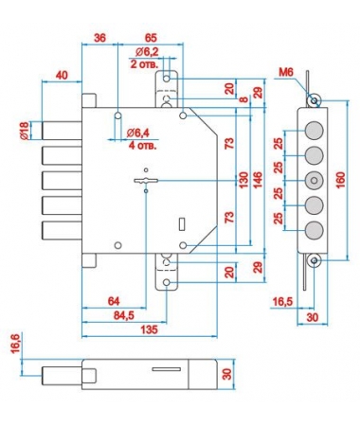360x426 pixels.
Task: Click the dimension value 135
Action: click(x=149, y=329)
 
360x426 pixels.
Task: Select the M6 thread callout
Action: click(x=286, y=73)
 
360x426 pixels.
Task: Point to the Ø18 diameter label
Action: click(x=25, y=131)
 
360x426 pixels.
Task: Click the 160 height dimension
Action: click(x=340, y=180)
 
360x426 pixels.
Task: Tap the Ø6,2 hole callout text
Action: click(x=147, y=52)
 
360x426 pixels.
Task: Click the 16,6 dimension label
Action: click(x=15, y=344)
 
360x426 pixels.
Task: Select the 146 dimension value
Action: click(x=258, y=180)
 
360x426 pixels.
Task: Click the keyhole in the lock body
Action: click(x=146, y=181)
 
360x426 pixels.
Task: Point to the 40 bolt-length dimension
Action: click(x=62, y=75)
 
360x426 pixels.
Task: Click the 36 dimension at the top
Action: click(x=99, y=38)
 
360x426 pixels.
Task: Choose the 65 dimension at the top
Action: click(x=151, y=38)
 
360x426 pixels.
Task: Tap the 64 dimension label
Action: click(x=114, y=301)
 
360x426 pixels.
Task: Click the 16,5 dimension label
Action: click(x=283, y=302)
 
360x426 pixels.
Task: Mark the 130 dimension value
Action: click(x=243, y=180)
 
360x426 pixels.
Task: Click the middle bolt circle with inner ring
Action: click(x=314, y=181)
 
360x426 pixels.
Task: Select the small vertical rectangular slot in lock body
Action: click(x=182, y=223)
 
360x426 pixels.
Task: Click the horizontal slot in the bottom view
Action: click(x=167, y=369)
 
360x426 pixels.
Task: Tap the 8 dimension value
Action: click(x=243, y=99)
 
